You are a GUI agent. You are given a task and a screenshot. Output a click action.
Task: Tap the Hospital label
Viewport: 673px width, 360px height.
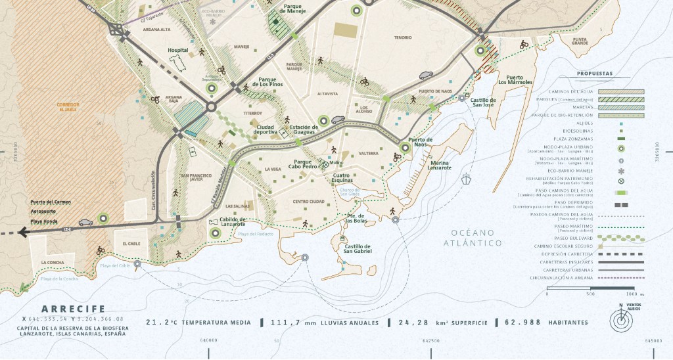177,50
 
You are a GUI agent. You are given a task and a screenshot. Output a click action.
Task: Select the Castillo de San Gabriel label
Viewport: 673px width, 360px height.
353,248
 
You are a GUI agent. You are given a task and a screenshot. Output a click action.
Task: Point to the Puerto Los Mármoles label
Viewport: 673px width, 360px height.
515,79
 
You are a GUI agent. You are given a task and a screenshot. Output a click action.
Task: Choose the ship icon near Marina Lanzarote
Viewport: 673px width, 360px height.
466,178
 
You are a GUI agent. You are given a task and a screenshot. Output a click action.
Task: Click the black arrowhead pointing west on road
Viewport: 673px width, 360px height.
24,231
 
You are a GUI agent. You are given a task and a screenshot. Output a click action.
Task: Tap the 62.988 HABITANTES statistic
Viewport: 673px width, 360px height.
546,323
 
